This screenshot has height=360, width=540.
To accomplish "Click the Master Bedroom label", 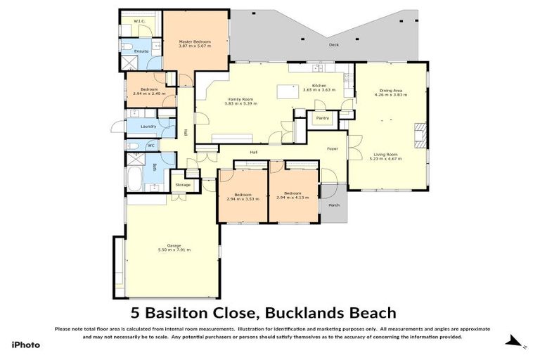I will point(195,41).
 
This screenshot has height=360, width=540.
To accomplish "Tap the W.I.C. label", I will point(139,22).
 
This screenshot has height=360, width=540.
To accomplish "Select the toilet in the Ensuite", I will point(127,47).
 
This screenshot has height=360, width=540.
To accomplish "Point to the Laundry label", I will point(148,127).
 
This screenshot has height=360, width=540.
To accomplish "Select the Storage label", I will point(183,185).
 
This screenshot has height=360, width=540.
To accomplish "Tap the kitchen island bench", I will point(285,92).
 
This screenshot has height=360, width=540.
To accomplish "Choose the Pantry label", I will point(323,118).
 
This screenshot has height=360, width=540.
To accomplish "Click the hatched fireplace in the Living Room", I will point(420,135).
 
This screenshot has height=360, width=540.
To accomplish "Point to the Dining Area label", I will point(390,90).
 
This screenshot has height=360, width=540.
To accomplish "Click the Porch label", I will point(334,205).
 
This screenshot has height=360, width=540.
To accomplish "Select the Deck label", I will point(333,45).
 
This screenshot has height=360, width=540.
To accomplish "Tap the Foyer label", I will point(333,149).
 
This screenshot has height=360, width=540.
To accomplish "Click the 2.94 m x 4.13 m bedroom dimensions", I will point(292,198).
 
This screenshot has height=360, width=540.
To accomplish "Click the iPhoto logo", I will point(26,345).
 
